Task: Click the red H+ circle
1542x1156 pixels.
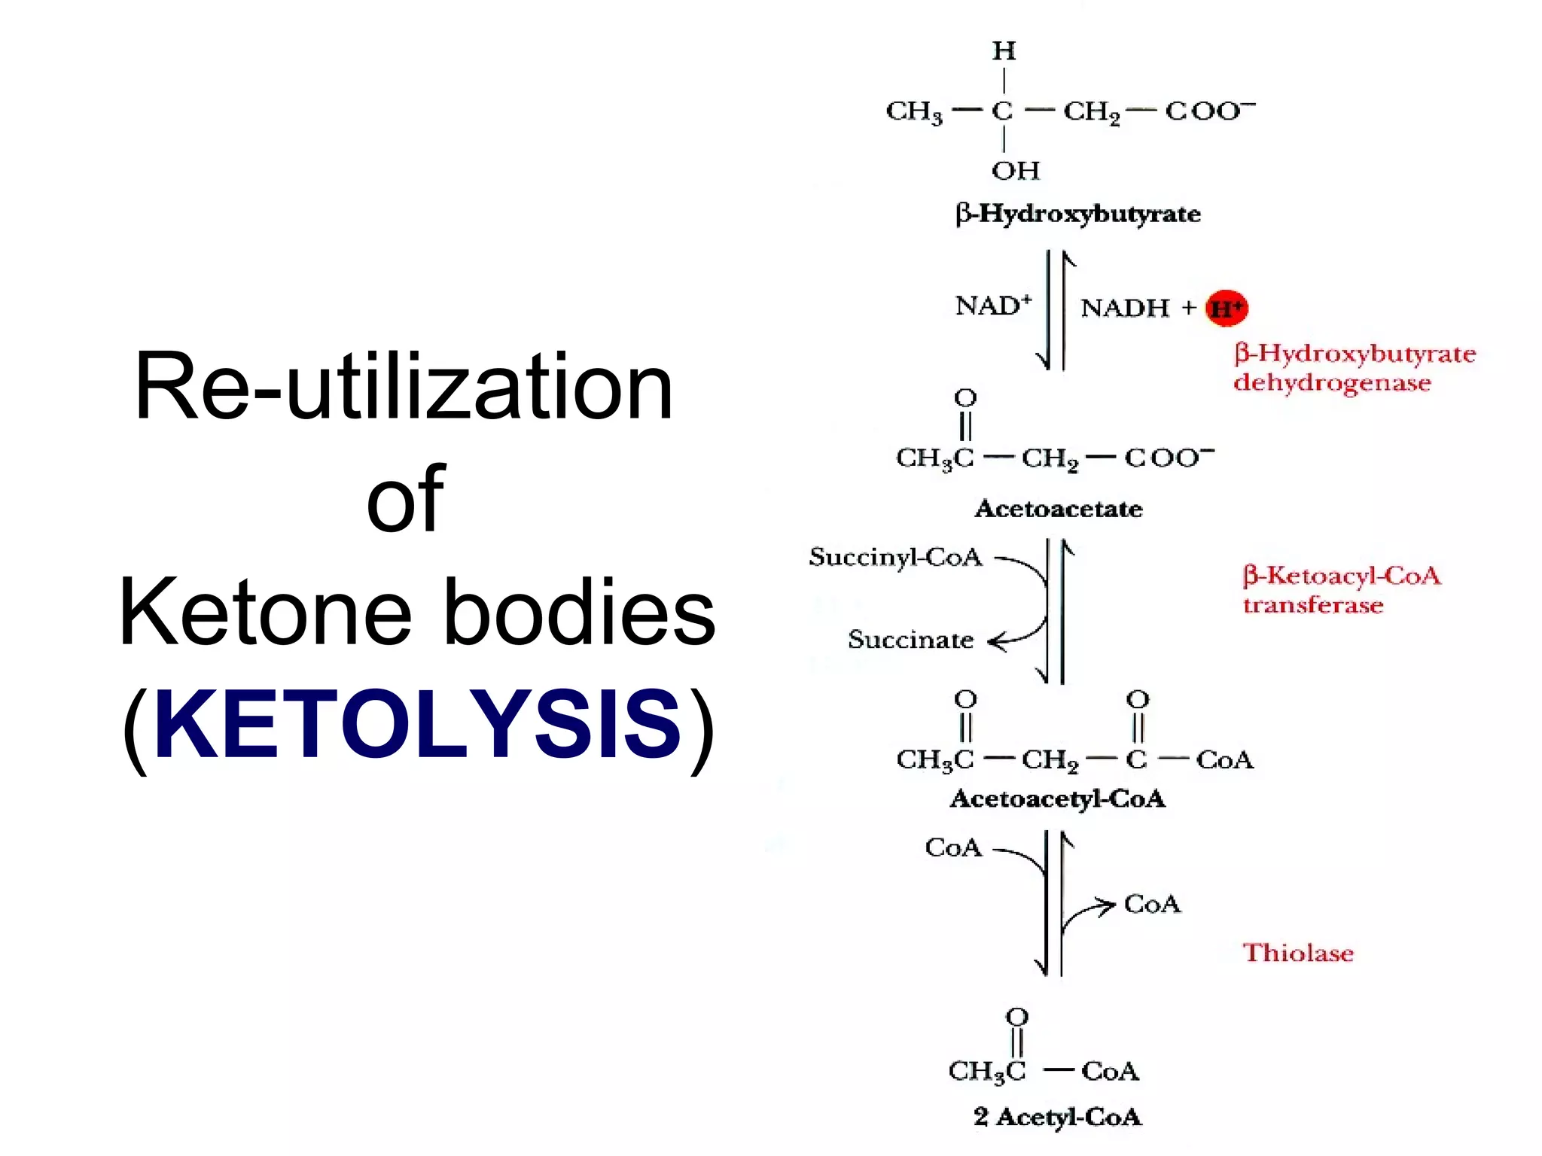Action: (x=1227, y=308)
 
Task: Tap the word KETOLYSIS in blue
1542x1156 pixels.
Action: (x=417, y=724)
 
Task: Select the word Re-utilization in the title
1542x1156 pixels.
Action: (x=404, y=387)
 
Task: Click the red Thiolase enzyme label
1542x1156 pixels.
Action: (x=1297, y=953)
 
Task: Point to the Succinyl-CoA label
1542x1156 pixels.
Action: (x=895, y=557)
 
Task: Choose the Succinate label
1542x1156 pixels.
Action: (x=910, y=640)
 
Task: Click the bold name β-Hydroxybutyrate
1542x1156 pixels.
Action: (x=1077, y=214)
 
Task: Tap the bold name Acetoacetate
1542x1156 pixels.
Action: (x=1059, y=509)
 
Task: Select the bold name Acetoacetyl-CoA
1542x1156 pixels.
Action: (x=1058, y=799)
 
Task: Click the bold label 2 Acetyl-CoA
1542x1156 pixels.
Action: (x=1058, y=1117)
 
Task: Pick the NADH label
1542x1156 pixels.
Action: (x=1125, y=308)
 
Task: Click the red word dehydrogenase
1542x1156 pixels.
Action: (x=1332, y=383)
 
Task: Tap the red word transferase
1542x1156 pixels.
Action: (x=1313, y=605)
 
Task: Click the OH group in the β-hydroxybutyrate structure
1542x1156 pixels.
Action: (x=1015, y=171)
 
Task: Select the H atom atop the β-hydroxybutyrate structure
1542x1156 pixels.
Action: (x=1004, y=51)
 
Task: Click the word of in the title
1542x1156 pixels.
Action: (x=405, y=498)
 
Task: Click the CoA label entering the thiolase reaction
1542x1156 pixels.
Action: (x=953, y=848)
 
